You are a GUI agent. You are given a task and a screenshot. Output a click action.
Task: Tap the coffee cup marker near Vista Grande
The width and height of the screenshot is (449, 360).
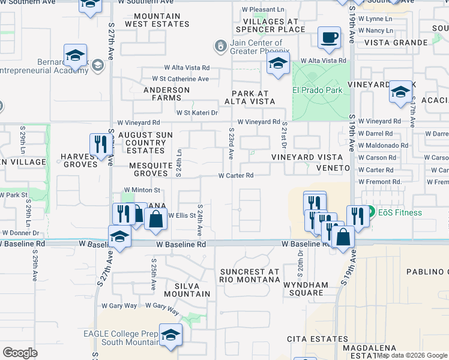328,37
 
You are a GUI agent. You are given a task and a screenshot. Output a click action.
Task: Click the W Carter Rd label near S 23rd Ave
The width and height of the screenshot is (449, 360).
236,176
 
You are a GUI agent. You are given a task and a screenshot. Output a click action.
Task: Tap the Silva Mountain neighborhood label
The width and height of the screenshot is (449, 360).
184,290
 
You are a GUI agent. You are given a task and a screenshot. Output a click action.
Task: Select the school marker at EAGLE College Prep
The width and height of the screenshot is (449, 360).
171,335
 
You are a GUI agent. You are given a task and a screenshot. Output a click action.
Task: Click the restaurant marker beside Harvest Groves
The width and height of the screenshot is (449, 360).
100,143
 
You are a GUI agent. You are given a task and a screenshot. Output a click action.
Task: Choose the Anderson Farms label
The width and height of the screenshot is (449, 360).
166,94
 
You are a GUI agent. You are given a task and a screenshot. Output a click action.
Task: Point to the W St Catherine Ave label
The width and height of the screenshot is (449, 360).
180,79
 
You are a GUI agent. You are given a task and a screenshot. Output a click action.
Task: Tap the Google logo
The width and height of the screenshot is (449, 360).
20,353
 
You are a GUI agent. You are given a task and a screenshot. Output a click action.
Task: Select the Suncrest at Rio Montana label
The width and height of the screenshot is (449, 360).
250,275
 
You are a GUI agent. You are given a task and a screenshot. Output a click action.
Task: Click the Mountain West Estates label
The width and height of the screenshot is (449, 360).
157,20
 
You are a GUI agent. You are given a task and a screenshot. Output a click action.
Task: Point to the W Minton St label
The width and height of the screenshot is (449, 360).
138,190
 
